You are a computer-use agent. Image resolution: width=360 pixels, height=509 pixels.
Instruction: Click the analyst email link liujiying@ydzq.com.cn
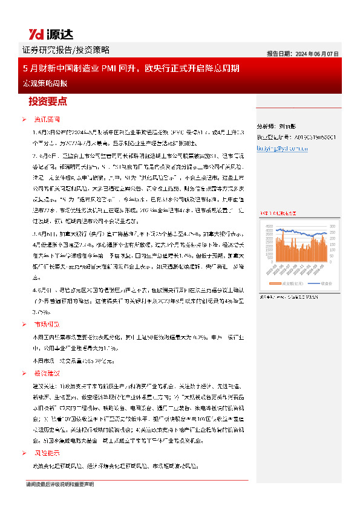pos(288,146)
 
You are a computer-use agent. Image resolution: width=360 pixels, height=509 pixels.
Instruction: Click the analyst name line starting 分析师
pos(275,128)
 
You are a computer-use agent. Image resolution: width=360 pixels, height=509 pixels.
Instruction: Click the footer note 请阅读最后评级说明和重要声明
pos(59,484)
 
